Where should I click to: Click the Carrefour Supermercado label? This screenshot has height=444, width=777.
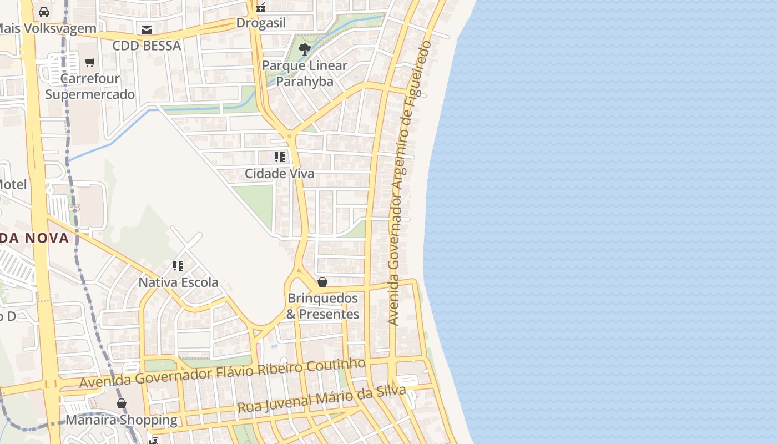point(89,87)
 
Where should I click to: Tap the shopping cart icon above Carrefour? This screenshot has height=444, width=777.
point(90,62)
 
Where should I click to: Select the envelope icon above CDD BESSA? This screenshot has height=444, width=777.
point(147,30)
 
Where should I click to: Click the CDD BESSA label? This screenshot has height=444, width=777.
point(147,46)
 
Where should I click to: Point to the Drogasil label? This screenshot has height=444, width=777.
point(261,23)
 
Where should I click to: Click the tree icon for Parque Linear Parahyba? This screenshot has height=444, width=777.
point(304,49)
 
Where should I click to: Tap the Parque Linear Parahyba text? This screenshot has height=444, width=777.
point(304,74)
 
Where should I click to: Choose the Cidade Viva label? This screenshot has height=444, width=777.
point(279,174)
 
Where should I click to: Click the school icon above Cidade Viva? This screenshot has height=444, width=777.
point(279,157)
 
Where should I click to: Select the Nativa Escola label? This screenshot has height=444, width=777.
point(178,282)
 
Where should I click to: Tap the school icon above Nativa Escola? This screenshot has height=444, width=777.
point(178,266)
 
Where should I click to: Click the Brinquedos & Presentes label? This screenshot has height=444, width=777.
point(322,306)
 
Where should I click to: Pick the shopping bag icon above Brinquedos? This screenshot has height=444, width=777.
point(322,282)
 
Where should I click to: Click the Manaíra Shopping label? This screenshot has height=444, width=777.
point(122,420)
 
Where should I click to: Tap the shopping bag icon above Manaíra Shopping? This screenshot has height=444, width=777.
point(122,403)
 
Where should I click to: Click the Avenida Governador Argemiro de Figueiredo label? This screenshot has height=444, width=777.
point(410,183)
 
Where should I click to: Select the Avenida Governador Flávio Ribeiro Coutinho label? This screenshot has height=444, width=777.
point(222,374)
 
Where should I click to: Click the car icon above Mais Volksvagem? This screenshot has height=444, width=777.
point(44,12)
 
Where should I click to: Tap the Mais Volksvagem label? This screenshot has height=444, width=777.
point(48,28)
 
